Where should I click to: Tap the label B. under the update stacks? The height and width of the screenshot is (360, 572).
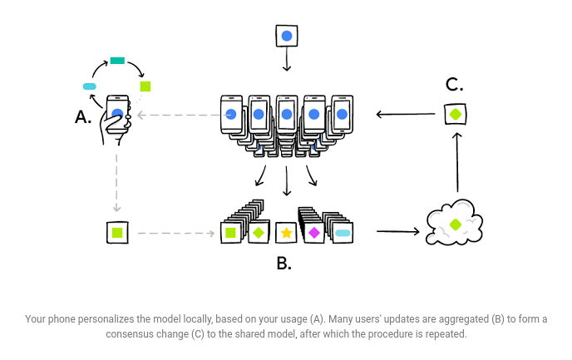pos(284,264)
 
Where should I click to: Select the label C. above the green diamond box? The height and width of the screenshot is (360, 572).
pos(454,84)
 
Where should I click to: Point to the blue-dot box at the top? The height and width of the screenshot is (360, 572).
pos(286,37)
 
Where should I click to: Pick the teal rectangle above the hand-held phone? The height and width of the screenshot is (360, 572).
pos(117,60)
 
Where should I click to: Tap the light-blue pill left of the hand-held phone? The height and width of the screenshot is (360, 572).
pos(90,86)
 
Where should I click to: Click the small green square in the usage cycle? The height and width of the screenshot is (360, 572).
pos(145,86)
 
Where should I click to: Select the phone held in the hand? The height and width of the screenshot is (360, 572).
pos(118,116)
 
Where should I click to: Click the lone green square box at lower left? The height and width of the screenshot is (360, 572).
pos(117,233)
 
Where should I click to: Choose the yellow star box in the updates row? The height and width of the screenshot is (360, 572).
pos(286,233)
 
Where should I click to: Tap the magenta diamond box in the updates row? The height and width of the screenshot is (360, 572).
pos(313,233)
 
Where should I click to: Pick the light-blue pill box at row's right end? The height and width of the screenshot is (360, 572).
pos(342,233)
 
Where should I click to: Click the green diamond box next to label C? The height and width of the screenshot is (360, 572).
pos(455,114)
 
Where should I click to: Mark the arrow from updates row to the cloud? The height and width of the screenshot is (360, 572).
pos(397,232)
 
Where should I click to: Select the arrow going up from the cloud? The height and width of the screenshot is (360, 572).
pos(456,162)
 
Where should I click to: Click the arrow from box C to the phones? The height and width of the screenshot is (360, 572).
pos(405,115)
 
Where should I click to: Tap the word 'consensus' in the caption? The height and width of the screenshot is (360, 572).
pos(131,333)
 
